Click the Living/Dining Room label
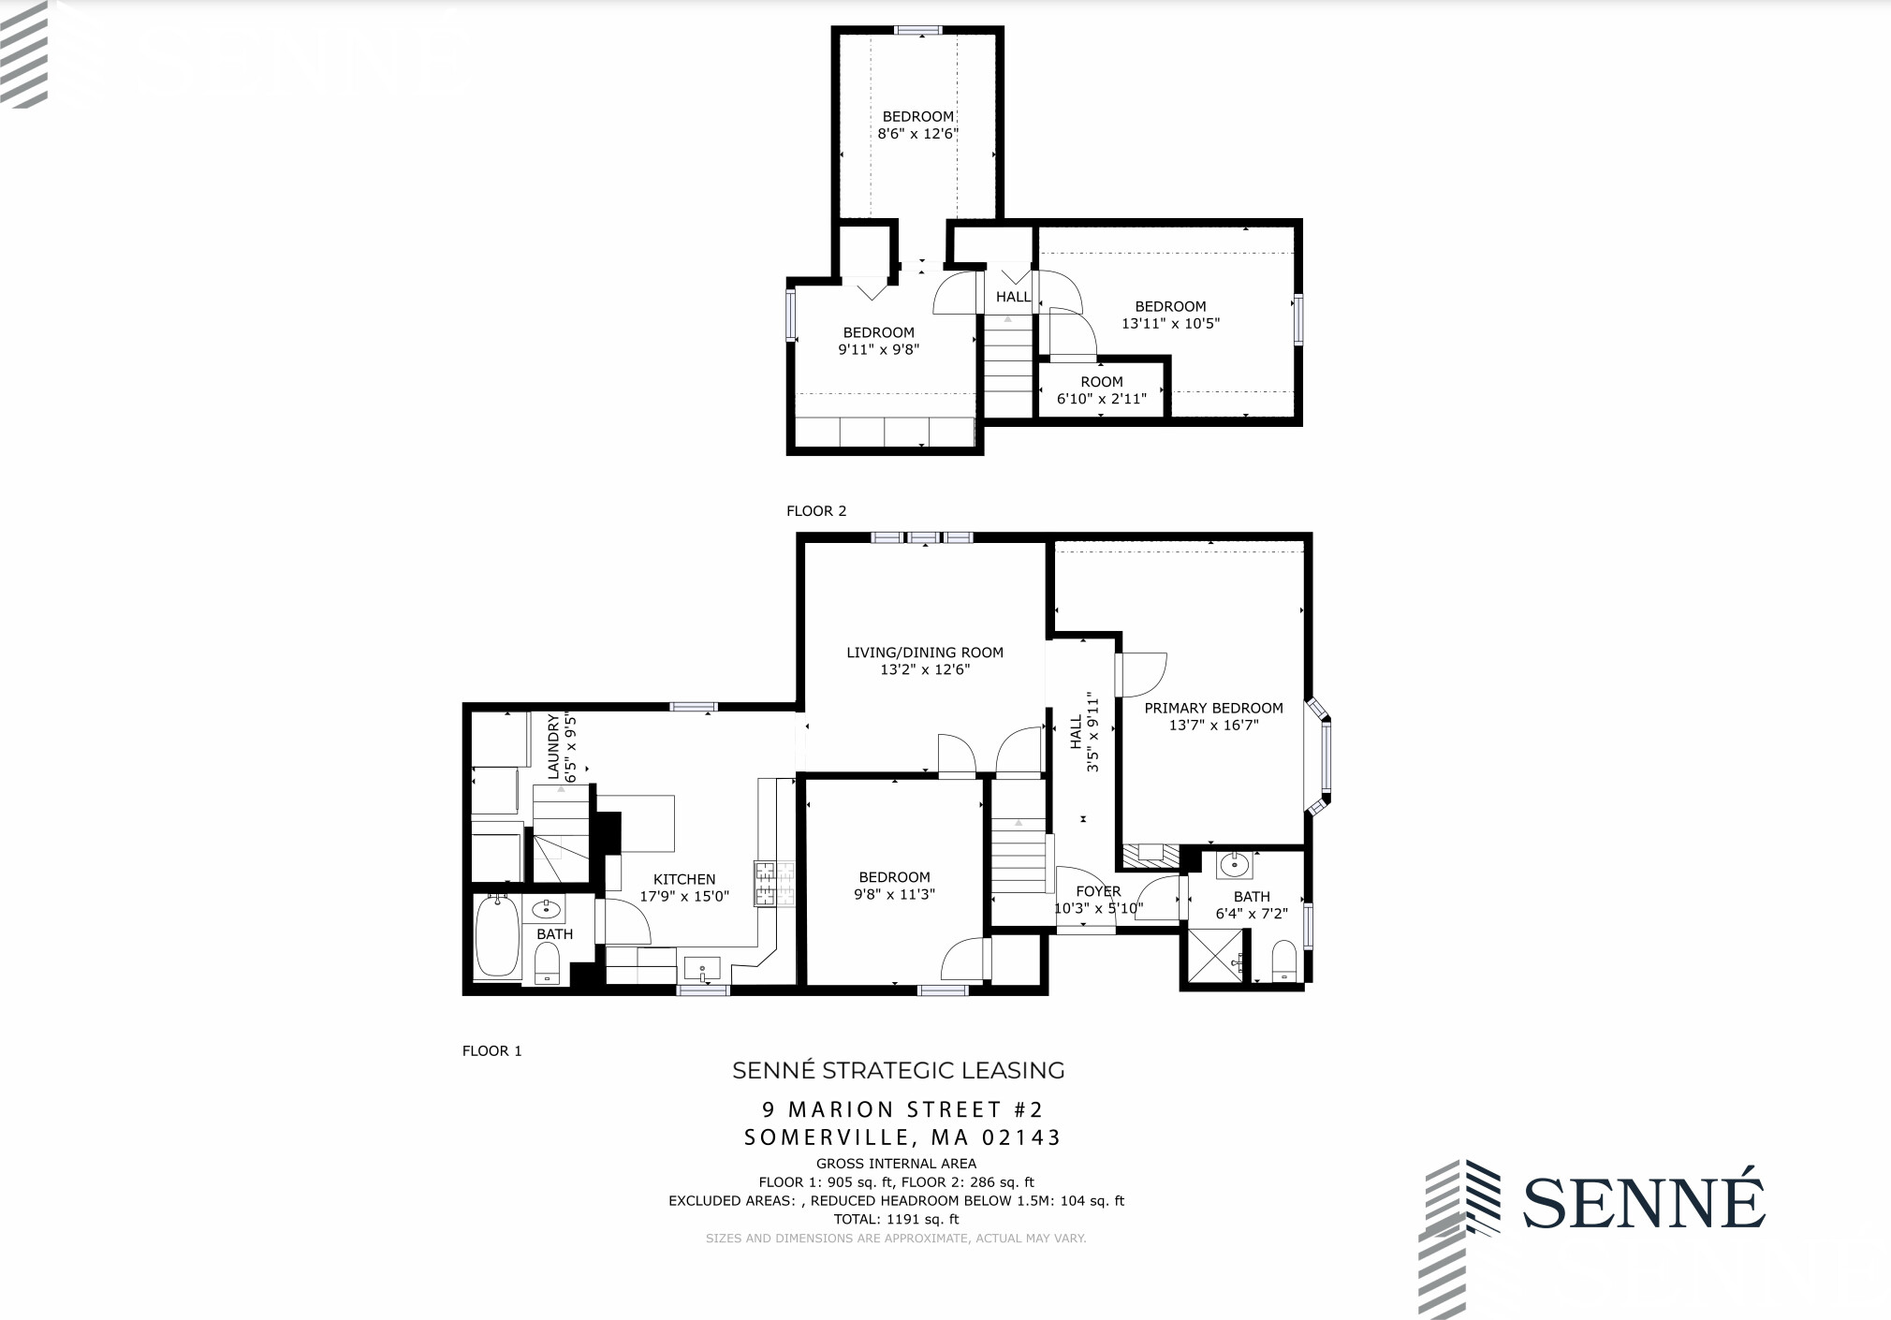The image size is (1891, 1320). [924, 653]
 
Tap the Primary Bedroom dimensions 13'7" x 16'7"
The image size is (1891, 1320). [1213, 726]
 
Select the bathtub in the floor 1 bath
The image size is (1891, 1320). [496, 937]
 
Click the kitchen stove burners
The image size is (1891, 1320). [774, 884]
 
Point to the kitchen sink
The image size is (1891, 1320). [702, 967]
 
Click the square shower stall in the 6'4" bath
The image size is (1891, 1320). [1216, 955]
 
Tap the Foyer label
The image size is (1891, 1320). [1098, 891]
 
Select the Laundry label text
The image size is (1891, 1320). [553, 747]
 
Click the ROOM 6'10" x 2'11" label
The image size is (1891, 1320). [1101, 382]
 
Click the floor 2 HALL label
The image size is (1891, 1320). [1013, 297]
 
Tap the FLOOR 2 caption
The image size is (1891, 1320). [815, 511]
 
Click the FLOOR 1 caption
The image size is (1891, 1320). [491, 1050]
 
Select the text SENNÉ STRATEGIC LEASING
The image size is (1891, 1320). [898, 1070]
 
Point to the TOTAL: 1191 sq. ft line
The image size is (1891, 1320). [896, 1219]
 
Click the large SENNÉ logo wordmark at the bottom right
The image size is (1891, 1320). [1644, 1202]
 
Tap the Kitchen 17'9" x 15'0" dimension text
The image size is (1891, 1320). [683, 897]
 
